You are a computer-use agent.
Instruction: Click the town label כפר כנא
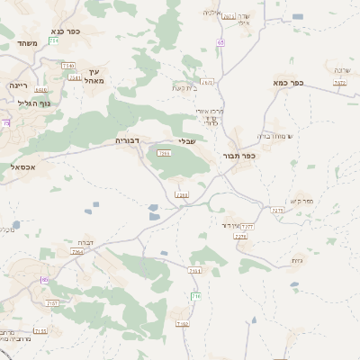click(x=65, y=31)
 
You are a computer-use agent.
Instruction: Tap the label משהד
click(x=25, y=42)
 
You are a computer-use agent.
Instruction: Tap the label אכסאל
click(x=17, y=166)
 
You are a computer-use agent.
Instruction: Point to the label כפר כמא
click(x=287, y=82)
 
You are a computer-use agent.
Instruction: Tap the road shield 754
click(x=54, y=40)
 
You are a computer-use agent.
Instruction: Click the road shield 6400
click(x=41, y=90)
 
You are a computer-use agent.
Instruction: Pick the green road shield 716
click(x=195, y=296)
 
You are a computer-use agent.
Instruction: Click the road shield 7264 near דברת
click(x=77, y=253)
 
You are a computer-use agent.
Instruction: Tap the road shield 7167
click(x=53, y=304)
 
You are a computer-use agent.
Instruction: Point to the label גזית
click(x=297, y=260)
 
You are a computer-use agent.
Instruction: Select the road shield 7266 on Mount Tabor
click(x=164, y=154)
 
